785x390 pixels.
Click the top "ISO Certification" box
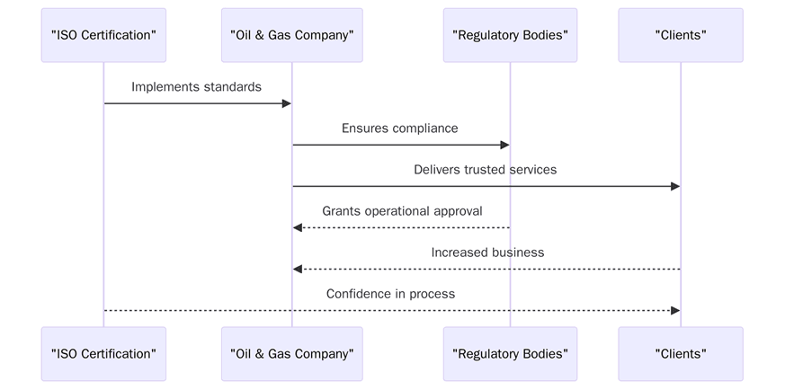tap(103, 35)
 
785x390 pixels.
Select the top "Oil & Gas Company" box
tap(291, 35)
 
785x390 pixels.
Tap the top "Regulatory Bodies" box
tap(510, 35)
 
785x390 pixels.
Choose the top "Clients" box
tap(680, 35)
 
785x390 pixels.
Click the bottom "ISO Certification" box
tap(103, 353)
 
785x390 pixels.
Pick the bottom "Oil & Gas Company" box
tap(291, 353)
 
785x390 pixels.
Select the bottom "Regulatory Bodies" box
tap(510, 353)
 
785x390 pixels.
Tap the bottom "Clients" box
tap(680, 353)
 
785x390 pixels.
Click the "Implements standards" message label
tap(196, 87)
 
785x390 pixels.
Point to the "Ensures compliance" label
tap(399, 129)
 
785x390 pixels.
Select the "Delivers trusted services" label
tap(485, 170)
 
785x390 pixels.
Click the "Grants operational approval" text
tap(402, 211)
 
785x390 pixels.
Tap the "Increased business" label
tap(487, 253)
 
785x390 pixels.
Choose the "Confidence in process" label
tap(390, 294)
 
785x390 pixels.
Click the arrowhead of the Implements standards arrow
tap(287, 103)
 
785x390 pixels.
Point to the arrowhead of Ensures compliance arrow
tap(505, 145)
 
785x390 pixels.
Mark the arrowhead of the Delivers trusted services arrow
tap(675, 186)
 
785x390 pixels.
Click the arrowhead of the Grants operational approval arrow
tap(298, 227)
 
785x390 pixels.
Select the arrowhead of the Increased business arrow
tap(298, 269)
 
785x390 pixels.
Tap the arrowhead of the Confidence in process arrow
tap(675, 310)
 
